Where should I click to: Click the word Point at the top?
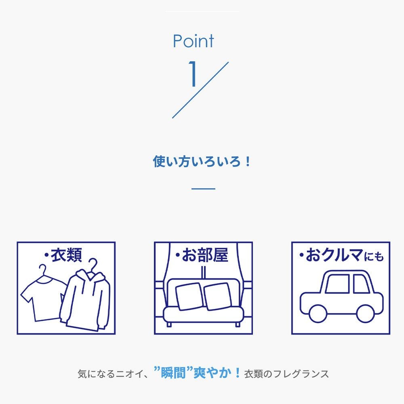193,41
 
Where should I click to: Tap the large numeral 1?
193,74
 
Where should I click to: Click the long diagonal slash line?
200,90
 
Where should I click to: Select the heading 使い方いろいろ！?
202,162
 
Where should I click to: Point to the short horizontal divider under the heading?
203,189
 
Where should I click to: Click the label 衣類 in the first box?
67,255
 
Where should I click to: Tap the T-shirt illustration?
42,299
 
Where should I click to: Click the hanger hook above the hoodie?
93,264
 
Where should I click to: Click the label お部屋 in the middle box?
205,255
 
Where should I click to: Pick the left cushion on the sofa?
189,296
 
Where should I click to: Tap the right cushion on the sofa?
218,296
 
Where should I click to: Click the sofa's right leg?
238,324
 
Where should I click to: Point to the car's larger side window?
337,284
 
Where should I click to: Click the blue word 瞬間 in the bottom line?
173,373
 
